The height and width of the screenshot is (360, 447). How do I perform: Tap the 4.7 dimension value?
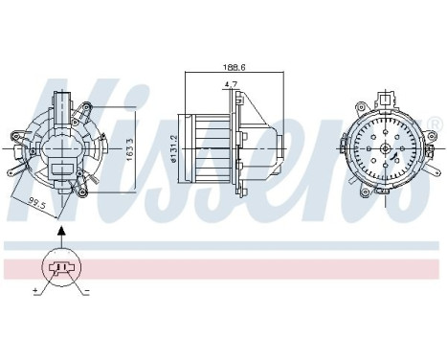click(232, 84)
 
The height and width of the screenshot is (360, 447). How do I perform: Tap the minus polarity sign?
click(87, 289)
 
